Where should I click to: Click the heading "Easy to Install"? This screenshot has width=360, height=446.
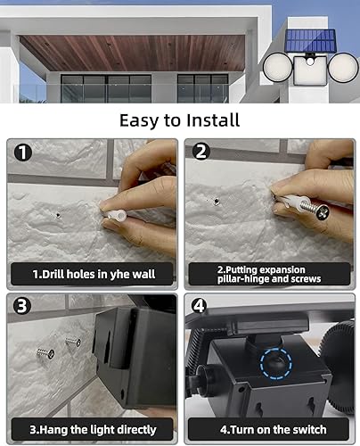pyautogui.click(x=180, y=119)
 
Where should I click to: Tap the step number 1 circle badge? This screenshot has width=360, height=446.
pyautogui.click(x=22, y=153)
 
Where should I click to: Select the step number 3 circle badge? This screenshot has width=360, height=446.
pyautogui.click(x=22, y=308)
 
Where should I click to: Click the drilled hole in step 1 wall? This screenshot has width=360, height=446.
pyautogui.click(x=57, y=214)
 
